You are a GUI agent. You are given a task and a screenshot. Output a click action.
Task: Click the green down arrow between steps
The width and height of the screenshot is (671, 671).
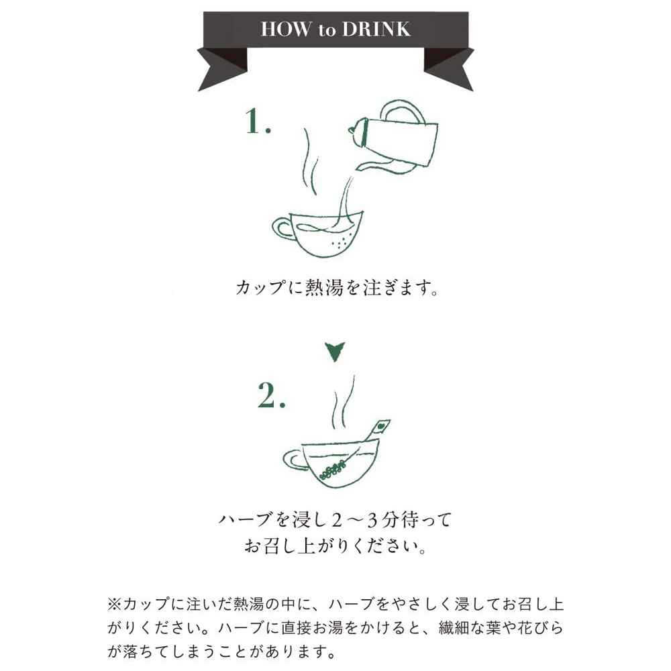335,350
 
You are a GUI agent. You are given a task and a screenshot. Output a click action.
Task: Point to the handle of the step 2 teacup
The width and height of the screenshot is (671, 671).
293,460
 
